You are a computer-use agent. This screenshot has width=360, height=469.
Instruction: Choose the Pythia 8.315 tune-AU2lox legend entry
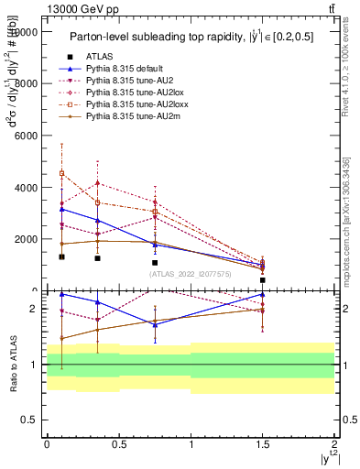pos(125,93)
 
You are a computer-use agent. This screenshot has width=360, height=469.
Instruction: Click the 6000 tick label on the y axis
pos(26,136)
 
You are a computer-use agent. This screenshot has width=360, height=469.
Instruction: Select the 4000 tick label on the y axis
pos(26,188)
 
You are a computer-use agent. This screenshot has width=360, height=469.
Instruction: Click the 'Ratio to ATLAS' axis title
pos(13,365)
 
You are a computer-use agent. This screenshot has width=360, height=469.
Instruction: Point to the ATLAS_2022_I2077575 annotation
pos(191,273)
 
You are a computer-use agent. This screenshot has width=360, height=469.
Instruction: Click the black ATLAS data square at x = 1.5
pos(263,280)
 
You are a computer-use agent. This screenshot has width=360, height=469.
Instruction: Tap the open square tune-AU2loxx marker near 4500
pos(61,173)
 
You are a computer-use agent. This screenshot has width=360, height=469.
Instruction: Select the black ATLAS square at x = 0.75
pos(155,263)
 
